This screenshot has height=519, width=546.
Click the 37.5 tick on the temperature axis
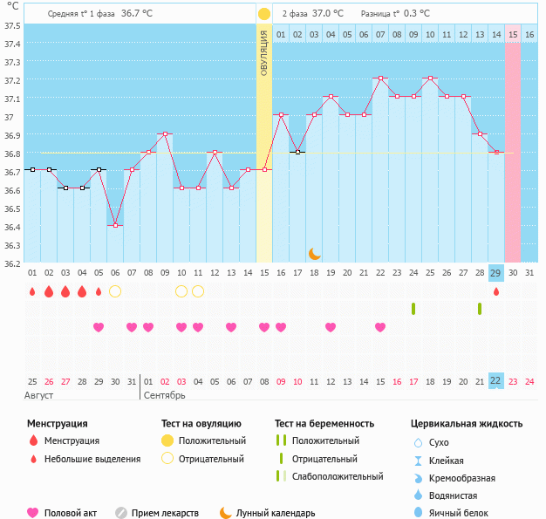pos(12,25)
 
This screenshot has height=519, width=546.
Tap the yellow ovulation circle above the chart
pos(263,14)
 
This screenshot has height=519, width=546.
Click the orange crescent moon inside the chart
pos(315,254)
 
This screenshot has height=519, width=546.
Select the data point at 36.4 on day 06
pos(115,226)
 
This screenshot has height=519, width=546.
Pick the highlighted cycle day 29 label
pos(495,274)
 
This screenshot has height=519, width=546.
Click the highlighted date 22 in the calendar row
pos(495,380)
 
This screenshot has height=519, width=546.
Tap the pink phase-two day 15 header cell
pos(513,34)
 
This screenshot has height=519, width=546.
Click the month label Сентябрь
pos(166,396)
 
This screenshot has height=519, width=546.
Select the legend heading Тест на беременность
pos(324,424)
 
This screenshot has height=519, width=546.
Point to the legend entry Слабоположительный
pos(338,477)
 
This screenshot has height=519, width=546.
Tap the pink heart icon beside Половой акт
pos(33,514)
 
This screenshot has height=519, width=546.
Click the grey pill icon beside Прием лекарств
pos(121,514)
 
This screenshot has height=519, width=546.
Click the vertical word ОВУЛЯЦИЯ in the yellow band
pos(263,52)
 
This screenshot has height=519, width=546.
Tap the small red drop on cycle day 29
pos(496,291)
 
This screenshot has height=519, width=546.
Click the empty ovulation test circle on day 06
pos(115,291)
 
